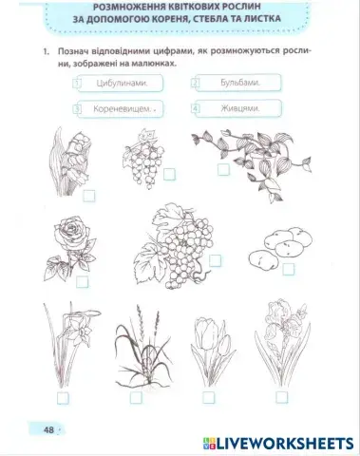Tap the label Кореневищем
[x=123, y=109]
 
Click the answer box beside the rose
[x=83, y=281]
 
